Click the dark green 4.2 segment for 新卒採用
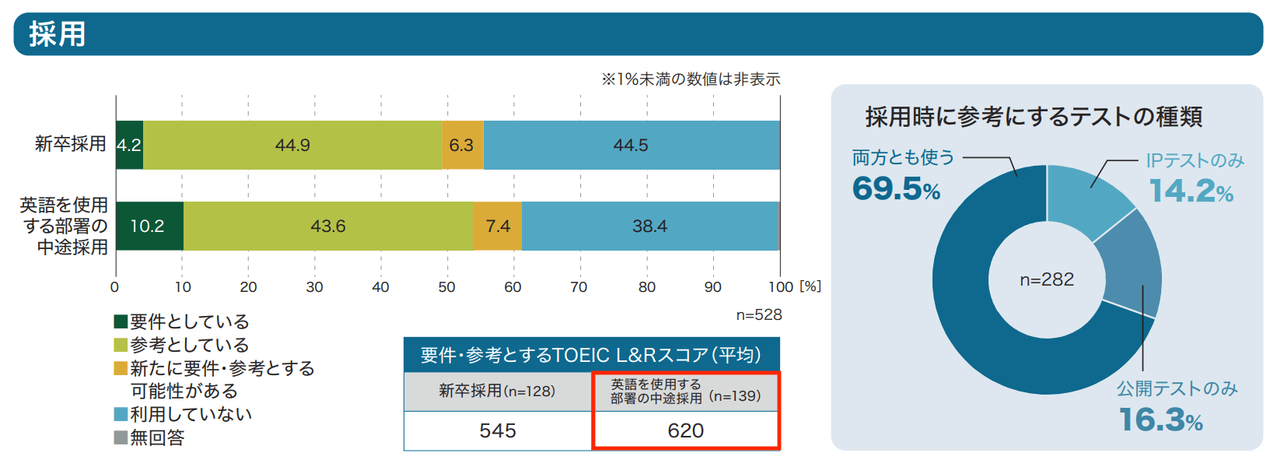point(129,146)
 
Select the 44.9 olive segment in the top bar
point(292,146)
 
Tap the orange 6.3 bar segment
point(462,146)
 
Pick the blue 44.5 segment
point(631,146)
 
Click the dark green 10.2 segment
point(149,226)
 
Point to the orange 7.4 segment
point(498,226)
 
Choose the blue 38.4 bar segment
point(649,226)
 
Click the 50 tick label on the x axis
point(446,287)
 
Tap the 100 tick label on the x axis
point(780,287)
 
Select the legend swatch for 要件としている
point(121,321)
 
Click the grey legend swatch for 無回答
point(121,437)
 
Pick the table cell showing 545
point(498,430)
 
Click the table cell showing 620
point(686,430)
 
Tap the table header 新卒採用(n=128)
point(498,391)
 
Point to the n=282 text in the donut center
point(1047,279)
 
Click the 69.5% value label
point(897,189)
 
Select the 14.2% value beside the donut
point(1191,191)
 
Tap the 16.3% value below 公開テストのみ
point(1161,420)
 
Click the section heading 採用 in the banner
point(57,34)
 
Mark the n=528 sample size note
point(759,315)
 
